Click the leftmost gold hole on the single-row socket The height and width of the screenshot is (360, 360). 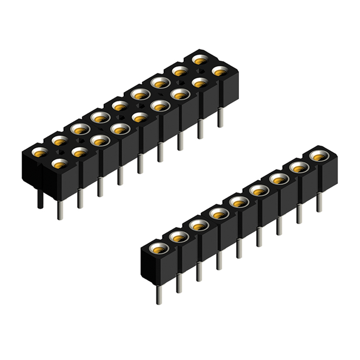click(159, 247)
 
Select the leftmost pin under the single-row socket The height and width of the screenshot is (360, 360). click(159, 294)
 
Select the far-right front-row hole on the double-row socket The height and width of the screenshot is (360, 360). click(218, 71)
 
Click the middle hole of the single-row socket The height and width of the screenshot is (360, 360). click(238, 203)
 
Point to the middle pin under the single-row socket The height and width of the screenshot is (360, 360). click(238, 248)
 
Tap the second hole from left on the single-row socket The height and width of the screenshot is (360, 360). click(179, 236)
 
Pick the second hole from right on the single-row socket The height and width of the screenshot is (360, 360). click(298, 167)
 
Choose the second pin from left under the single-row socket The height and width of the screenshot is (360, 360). click(179, 282)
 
